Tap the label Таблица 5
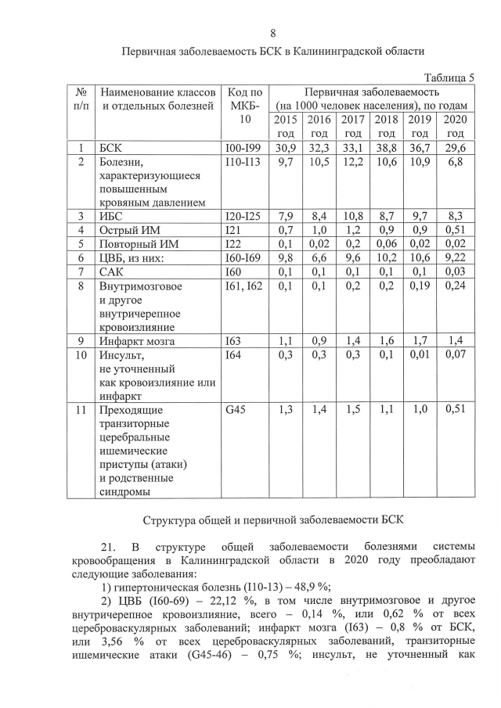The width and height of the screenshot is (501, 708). tap(449, 77)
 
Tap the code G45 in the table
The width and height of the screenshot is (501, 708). tap(236, 409)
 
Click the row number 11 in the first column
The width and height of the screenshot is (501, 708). tap(81, 409)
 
